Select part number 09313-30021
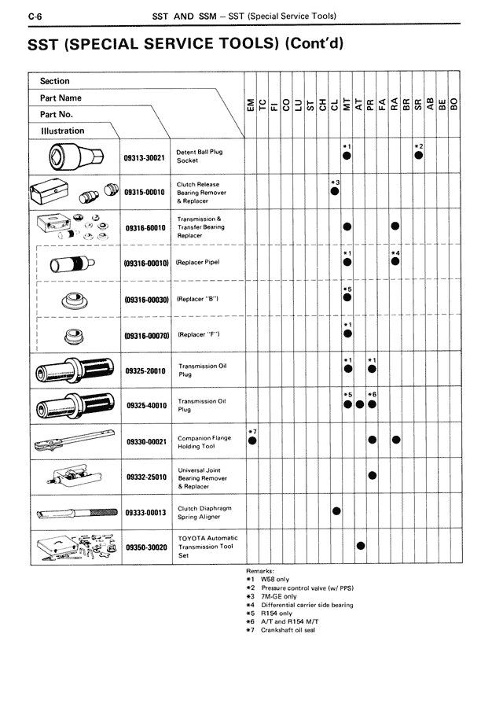click(x=145, y=157)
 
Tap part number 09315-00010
click(x=145, y=193)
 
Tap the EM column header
click(x=251, y=105)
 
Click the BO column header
click(x=454, y=105)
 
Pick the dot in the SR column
click(x=419, y=155)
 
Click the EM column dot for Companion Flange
click(x=252, y=440)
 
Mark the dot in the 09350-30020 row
click(x=361, y=547)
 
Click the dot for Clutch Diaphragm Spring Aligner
click(x=336, y=511)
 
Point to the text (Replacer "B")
click(x=197, y=299)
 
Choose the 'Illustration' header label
click(x=62, y=131)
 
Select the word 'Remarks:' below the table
click(x=260, y=570)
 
